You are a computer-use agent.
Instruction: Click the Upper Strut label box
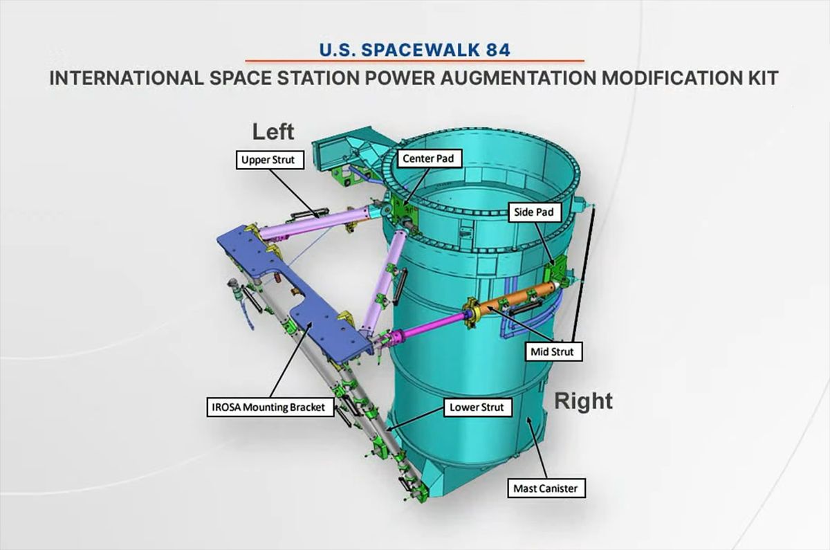(x=268, y=161)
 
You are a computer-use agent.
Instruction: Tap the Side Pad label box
(x=533, y=212)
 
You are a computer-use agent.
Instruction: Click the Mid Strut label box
(x=553, y=351)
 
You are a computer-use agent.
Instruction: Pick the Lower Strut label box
(x=477, y=407)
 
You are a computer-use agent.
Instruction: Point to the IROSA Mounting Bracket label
(x=267, y=407)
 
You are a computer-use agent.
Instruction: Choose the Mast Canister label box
(x=544, y=488)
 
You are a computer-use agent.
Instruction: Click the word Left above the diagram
(x=273, y=131)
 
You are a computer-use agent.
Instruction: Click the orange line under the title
(x=415, y=61)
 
